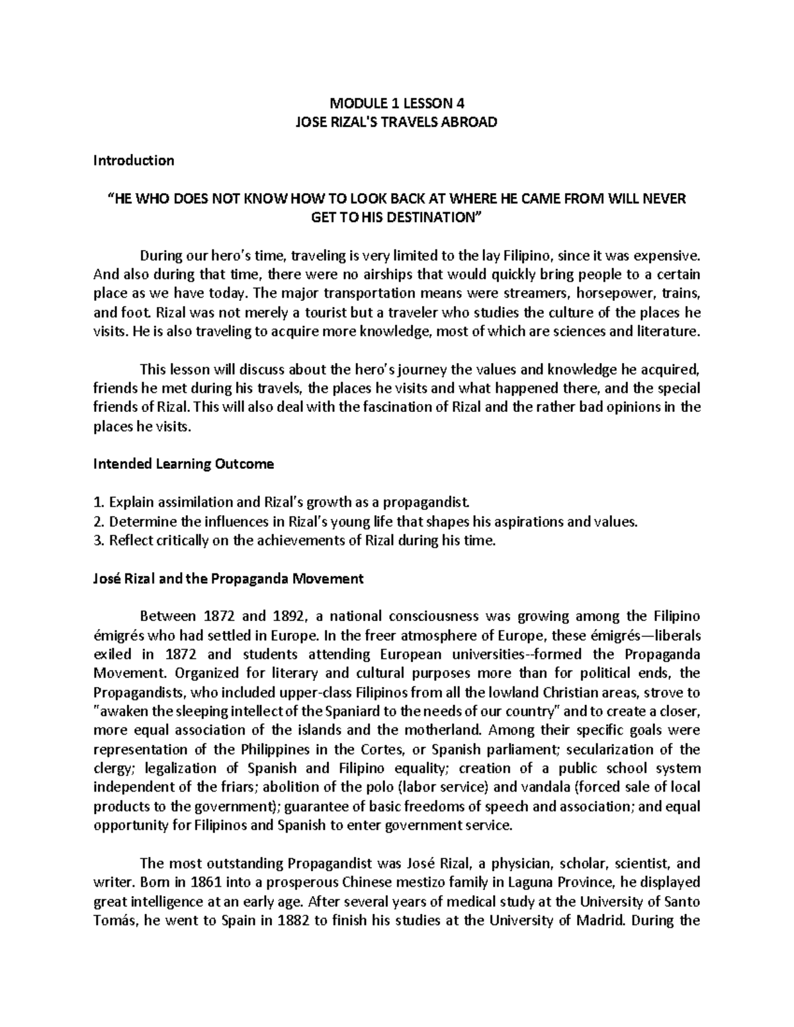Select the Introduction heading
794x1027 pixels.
tap(134, 160)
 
